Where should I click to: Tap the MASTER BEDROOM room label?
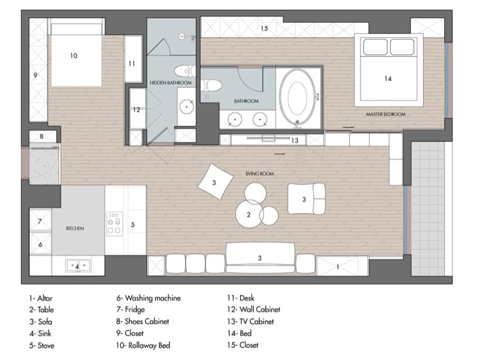(x=386, y=114)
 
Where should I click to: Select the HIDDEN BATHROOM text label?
(x=170, y=83)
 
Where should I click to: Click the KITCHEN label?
(x=75, y=228)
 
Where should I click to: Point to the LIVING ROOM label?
(x=260, y=174)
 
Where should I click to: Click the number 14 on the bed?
(x=388, y=78)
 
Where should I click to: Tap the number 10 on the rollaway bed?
(x=74, y=56)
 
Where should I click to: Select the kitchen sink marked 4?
(x=78, y=266)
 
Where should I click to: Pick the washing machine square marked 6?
(x=40, y=244)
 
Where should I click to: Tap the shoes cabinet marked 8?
(x=43, y=136)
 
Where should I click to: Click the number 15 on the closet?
(x=264, y=29)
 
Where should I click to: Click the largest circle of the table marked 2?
(x=249, y=214)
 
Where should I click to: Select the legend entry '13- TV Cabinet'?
(x=250, y=321)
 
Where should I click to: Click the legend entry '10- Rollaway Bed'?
(x=143, y=345)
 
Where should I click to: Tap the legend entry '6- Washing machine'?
(x=149, y=298)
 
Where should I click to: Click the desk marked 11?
(x=133, y=59)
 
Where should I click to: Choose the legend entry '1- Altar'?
(x=41, y=299)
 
